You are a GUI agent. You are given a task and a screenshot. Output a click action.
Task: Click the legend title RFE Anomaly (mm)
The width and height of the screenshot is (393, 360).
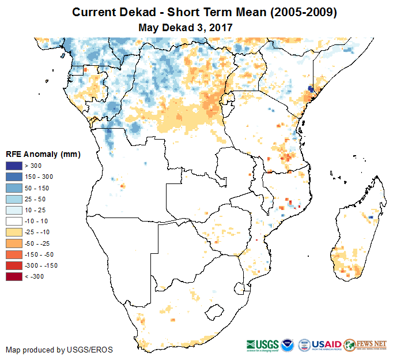coord(43,154)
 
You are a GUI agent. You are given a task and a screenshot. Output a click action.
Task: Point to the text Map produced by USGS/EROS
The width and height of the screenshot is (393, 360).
coord(59,350)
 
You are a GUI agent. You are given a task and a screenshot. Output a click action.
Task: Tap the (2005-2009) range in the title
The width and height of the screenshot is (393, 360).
coord(299,12)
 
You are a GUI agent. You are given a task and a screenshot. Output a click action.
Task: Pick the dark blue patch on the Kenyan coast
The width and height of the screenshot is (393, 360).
coord(311,89)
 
